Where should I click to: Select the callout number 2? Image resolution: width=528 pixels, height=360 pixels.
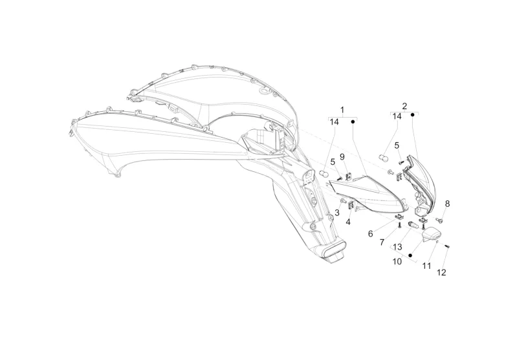[x=404, y=105]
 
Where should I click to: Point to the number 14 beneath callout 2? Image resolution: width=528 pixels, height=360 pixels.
[x=396, y=117]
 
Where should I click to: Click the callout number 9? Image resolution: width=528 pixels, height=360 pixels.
[x=342, y=157]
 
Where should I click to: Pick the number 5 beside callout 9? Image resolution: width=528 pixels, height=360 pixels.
[x=333, y=162]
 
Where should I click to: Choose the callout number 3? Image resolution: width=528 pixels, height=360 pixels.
[x=336, y=212]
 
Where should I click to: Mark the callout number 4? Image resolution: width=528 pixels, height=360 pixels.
[x=347, y=222]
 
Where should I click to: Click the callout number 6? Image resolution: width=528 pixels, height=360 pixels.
[x=370, y=233]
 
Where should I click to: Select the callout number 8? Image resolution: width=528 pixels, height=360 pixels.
[x=446, y=204]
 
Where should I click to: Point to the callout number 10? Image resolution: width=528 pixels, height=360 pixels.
[x=396, y=262]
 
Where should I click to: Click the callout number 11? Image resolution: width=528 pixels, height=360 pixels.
[x=426, y=266]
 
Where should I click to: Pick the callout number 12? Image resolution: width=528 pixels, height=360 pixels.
[x=441, y=273]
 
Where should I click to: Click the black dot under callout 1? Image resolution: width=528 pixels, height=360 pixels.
[x=353, y=121]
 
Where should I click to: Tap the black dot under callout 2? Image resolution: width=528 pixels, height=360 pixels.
[x=412, y=116]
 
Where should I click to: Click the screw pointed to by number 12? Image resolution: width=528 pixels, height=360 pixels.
[x=446, y=248]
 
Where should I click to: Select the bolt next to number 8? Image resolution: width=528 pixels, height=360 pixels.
[x=439, y=220]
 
